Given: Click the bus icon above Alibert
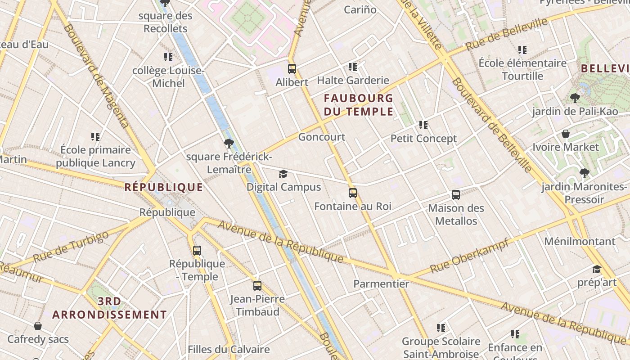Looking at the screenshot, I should click(292, 69).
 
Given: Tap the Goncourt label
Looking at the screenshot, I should click(322, 137).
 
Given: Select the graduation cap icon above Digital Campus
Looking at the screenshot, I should click(283, 174).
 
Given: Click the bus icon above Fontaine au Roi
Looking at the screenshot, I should click(353, 193).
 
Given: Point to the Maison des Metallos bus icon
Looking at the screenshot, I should click(456, 195).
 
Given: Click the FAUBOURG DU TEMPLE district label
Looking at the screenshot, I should click(359, 104).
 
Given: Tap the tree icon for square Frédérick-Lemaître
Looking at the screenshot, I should click(229, 144).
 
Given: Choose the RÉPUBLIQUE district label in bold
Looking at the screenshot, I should click(164, 187).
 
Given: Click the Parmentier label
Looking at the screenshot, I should click(381, 284).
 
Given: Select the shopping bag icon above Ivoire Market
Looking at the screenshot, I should click(566, 134).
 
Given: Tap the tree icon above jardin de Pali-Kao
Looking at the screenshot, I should click(575, 98).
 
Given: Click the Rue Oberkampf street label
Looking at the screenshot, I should click(469, 256).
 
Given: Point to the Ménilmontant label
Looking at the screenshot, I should click(580, 241).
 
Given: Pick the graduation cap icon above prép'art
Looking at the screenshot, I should click(597, 269).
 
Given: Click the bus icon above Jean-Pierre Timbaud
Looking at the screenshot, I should click(257, 285).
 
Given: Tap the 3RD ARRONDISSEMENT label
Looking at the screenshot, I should click(109, 308).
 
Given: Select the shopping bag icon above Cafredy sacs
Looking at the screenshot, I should click(38, 325).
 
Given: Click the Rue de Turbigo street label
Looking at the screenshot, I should click(71, 247).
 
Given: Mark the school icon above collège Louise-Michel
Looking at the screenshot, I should click(168, 57).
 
